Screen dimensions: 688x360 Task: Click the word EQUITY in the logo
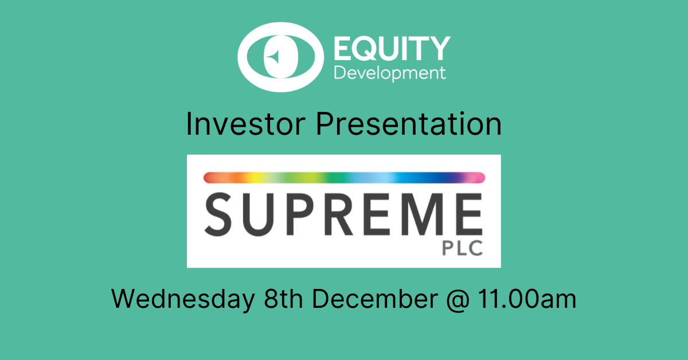pyautogui.click(x=392, y=49)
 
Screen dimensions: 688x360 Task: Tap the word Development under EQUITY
pyautogui.click(x=390, y=73)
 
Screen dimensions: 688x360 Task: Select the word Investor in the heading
pyautogui.click(x=246, y=124)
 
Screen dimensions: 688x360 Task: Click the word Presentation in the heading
pyautogui.click(x=409, y=124)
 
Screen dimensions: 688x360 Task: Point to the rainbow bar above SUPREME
pyautogui.click(x=345, y=178)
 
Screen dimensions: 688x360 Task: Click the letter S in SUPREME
pyautogui.click(x=218, y=214)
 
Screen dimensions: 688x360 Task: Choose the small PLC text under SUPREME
pyautogui.click(x=462, y=248)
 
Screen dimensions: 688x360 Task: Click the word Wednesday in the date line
pyautogui.click(x=183, y=299)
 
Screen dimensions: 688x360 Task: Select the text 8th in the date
pyautogui.click(x=283, y=299)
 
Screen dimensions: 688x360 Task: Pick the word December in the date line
pyautogui.click(x=375, y=299)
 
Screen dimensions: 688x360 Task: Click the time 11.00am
pyautogui.click(x=527, y=299)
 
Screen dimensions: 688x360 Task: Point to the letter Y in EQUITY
pyautogui.click(x=439, y=49)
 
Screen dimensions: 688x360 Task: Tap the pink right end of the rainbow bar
pyautogui.click(x=480, y=178)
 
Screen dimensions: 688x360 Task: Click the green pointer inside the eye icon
pyautogui.click(x=273, y=57)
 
